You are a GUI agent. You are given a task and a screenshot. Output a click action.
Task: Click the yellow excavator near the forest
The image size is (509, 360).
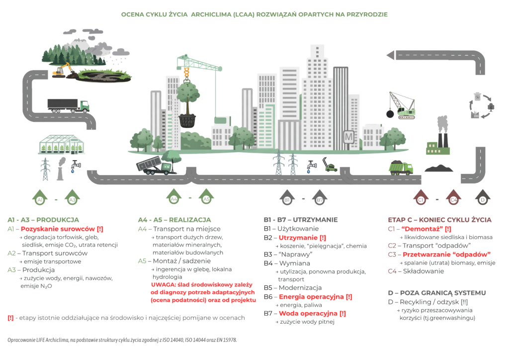[62, 70]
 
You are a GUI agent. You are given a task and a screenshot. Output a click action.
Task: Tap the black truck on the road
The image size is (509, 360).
[68, 105]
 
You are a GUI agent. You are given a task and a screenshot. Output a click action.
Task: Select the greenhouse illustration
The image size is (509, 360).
[61, 145]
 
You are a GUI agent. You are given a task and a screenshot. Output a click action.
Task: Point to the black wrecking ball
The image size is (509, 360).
[390, 114]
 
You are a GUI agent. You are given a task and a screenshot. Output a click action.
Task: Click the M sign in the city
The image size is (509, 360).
[348, 137]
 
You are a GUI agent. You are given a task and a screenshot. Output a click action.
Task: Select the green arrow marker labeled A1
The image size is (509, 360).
[40, 197]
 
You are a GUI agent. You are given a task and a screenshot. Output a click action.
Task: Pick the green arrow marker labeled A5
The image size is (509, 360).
[206, 197]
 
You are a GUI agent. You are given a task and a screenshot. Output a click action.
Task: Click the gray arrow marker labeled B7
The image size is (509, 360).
[320, 197]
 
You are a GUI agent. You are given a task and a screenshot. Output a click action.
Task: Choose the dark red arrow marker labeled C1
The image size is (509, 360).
[421, 197]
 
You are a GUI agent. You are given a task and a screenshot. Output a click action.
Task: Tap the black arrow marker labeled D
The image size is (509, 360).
[483, 197]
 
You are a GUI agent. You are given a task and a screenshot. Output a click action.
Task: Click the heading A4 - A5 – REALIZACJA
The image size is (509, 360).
[174, 220]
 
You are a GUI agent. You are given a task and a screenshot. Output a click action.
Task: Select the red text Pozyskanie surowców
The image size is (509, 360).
[58, 229]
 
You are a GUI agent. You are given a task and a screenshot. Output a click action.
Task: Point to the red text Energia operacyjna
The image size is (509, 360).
[311, 297]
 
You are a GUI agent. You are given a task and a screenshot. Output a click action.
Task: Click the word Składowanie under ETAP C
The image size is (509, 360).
[424, 271]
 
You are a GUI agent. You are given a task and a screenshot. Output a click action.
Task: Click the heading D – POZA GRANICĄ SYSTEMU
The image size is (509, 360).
[437, 293]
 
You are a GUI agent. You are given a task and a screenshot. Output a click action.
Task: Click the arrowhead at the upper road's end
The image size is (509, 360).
[391, 55]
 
